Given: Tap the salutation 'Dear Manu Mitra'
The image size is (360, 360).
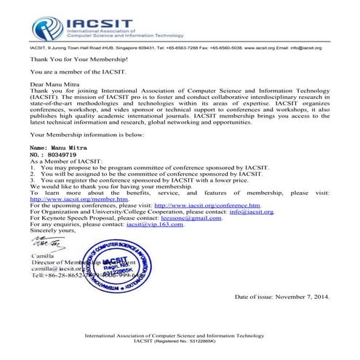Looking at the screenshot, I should (x=54, y=84).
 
